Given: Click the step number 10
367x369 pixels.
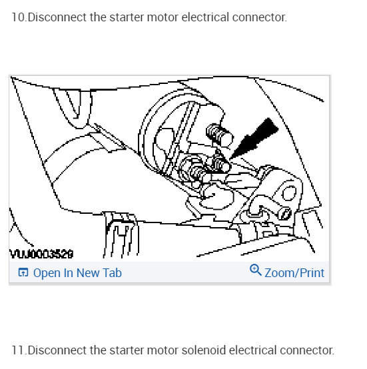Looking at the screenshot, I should pyautogui.click(x=19, y=17).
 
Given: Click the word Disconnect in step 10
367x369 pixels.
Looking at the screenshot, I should pyautogui.click(x=57, y=17).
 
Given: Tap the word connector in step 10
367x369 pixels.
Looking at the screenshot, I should pyautogui.click(x=261, y=17).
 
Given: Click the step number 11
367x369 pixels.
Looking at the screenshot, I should pyautogui.click(x=19, y=350).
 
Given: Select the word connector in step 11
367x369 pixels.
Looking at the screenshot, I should pyautogui.click(x=307, y=350).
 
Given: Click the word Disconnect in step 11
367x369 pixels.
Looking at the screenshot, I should pyautogui.click(x=57, y=350).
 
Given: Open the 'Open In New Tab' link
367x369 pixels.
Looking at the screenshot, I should pyautogui.click(x=77, y=273).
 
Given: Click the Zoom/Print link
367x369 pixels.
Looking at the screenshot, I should pyautogui.click(x=294, y=273).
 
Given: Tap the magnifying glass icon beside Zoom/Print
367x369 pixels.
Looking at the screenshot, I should pyautogui.click(x=256, y=270).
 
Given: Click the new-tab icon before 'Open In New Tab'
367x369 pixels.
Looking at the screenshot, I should pyautogui.click(x=23, y=273).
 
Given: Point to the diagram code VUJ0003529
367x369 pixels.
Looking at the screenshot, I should pyautogui.click(x=41, y=254).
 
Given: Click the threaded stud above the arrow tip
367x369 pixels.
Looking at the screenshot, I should pyautogui.click(x=217, y=133).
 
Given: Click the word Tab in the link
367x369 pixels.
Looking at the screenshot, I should pyautogui.click(x=112, y=273).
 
